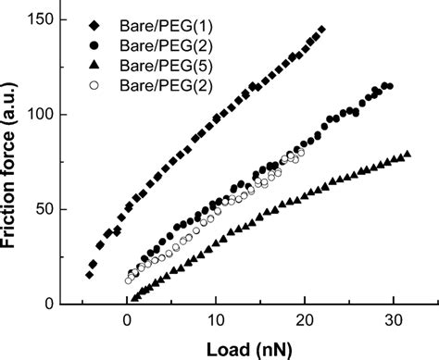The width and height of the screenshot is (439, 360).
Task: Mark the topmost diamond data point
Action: point(321,30)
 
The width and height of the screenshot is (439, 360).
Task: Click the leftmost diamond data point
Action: point(90,275)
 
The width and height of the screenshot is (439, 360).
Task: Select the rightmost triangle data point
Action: point(408,154)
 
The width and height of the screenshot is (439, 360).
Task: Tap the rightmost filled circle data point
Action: point(390,86)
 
